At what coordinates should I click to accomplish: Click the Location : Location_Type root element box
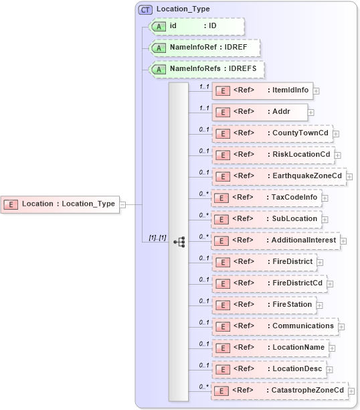[x=60, y=204]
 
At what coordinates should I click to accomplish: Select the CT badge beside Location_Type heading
[x=145, y=9]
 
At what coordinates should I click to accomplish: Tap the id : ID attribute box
[x=195, y=26]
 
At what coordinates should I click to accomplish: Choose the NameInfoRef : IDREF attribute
[x=203, y=48]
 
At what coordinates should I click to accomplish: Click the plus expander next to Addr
[x=311, y=112]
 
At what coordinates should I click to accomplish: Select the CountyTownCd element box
[x=271, y=133]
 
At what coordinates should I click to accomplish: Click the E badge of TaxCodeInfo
[x=221, y=198]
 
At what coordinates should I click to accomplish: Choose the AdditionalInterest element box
[x=275, y=241]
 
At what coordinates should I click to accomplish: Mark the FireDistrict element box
[x=264, y=262]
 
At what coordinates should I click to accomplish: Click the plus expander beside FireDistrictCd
[x=331, y=283]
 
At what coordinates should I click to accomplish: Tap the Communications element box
[x=275, y=326]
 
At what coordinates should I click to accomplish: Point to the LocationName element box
[x=270, y=348]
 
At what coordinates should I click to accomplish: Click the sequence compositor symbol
[x=179, y=241]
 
